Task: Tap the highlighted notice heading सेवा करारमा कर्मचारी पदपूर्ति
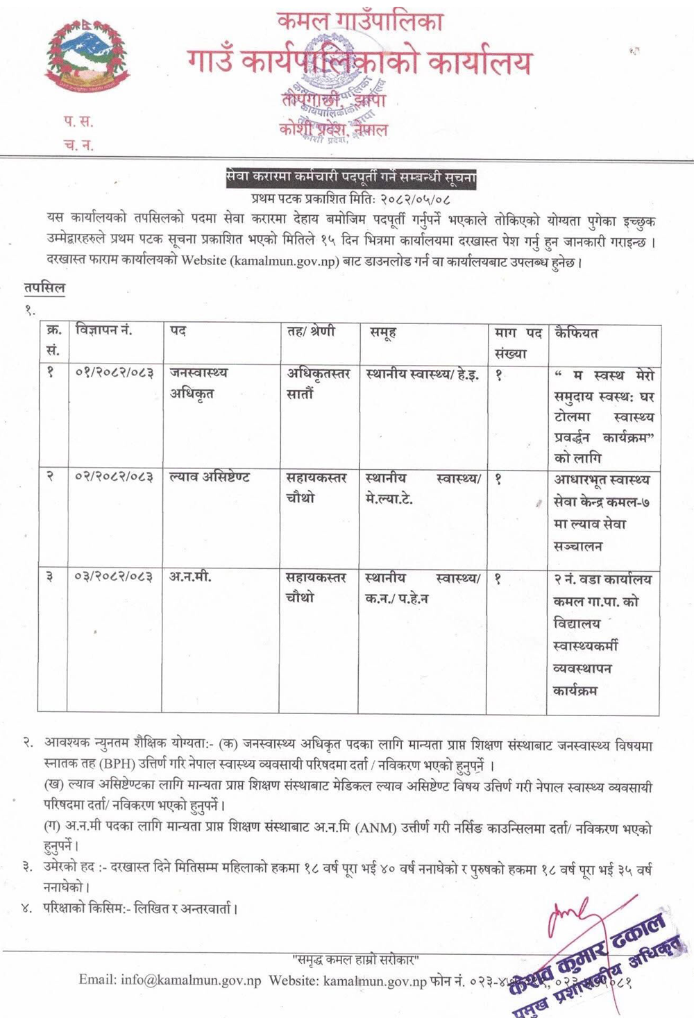pos(351,178)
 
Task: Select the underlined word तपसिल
pos(43,288)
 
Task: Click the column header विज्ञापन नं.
pos(103,332)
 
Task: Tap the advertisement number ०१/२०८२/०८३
pos(114,373)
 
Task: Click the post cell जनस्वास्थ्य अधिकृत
pos(198,383)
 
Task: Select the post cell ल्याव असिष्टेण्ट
pos(210,477)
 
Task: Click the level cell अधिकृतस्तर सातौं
pos(316,383)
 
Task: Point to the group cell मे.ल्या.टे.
pos(389,499)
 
